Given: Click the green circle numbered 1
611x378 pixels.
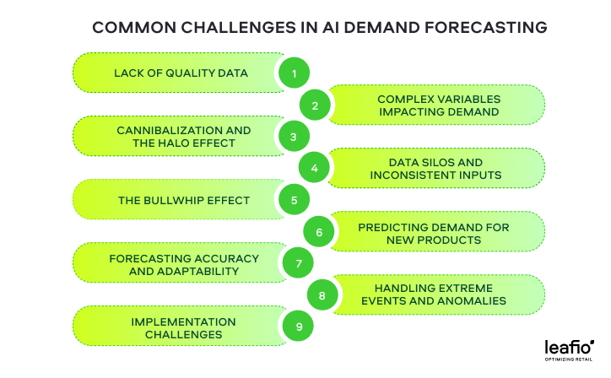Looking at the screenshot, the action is pos(295,73).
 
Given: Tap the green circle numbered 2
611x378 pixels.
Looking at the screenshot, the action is pos(315,105).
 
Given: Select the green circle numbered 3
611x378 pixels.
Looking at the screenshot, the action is pos(294,137).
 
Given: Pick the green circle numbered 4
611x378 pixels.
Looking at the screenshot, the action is pos(314,168).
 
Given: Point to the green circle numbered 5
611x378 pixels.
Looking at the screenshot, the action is pos(295,200).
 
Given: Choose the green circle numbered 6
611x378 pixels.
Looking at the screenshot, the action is pos(319,232).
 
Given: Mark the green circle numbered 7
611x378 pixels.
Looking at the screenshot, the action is pos(298,263).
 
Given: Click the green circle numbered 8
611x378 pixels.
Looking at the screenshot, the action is pos(322,295).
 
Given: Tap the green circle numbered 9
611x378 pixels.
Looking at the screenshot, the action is pos(298,327).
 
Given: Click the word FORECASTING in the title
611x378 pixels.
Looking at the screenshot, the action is pos(485,28).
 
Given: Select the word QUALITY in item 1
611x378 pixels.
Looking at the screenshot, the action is pos(190,73).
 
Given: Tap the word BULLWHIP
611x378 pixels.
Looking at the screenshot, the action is pos(176,200).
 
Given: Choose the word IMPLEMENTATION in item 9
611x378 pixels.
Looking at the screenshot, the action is pos(183,321).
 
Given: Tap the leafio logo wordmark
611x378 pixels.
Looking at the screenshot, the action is pos(570,347).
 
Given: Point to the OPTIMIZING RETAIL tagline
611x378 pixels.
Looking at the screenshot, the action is pos(569,359).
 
